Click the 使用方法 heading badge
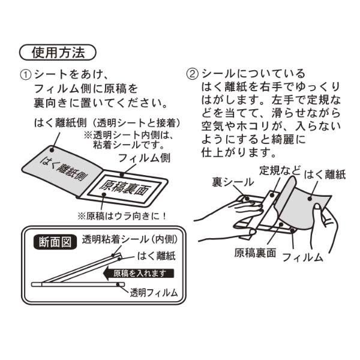(58, 52)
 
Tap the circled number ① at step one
(25, 75)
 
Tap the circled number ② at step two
(191, 75)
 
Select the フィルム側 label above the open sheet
(138, 159)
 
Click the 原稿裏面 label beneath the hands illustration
(255, 253)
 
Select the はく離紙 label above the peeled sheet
(327, 174)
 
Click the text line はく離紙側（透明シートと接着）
(107, 123)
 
